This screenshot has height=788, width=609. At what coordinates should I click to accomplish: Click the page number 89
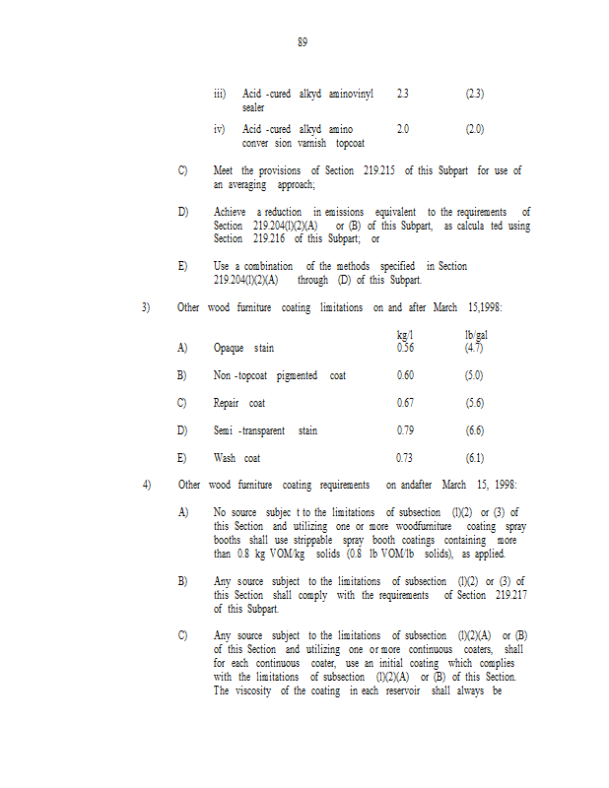303,42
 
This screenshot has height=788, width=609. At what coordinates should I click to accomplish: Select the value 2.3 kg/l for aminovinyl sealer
402,94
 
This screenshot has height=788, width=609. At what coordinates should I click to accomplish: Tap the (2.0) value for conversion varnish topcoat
475,129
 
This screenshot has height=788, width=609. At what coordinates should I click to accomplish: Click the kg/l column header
404,336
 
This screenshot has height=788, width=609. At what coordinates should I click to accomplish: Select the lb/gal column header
476,336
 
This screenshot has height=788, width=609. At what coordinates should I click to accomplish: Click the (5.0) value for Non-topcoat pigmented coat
475,375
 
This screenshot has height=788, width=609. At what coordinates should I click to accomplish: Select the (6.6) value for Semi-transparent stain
475,430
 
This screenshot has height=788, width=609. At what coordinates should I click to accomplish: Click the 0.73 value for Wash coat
405,458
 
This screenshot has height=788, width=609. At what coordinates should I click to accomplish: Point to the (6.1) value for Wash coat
475,458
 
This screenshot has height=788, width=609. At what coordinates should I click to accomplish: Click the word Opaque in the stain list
229,348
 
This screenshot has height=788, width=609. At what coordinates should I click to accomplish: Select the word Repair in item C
227,403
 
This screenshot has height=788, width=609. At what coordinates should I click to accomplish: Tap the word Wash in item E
225,458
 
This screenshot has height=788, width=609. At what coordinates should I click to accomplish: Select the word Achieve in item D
230,212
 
